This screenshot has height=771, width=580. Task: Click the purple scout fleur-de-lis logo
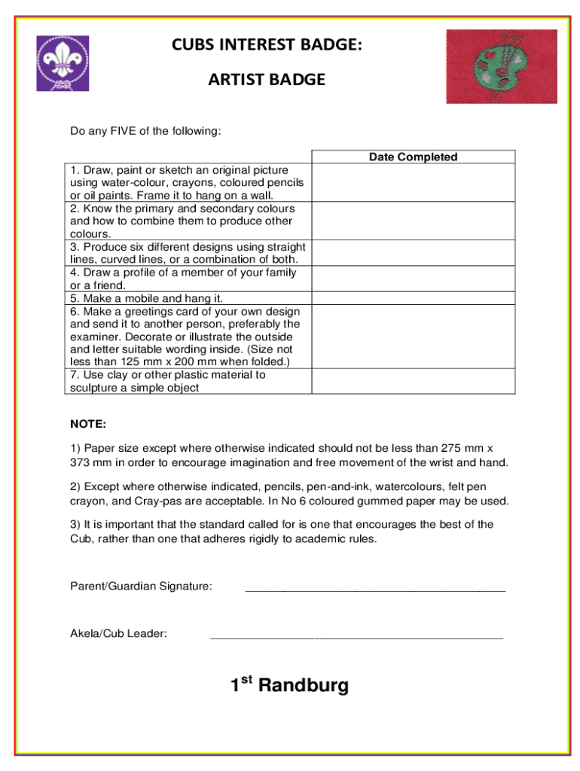(63, 63)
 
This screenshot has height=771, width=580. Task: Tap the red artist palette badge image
(501, 66)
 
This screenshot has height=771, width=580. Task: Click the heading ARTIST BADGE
(267, 79)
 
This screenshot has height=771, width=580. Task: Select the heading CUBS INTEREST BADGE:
(267, 45)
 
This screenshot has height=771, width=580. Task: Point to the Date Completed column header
(413, 157)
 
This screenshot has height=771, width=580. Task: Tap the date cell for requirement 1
(413, 183)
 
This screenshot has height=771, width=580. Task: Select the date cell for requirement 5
(413, 299)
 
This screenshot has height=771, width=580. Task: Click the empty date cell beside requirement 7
(413, 381)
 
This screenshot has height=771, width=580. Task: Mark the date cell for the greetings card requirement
(413, 337)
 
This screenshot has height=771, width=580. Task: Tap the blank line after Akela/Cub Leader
(356, 637)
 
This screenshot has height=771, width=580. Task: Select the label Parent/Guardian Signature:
(141, 586)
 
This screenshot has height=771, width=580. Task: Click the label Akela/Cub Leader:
(118, 633)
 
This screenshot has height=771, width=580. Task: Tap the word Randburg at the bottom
(304, 686)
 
